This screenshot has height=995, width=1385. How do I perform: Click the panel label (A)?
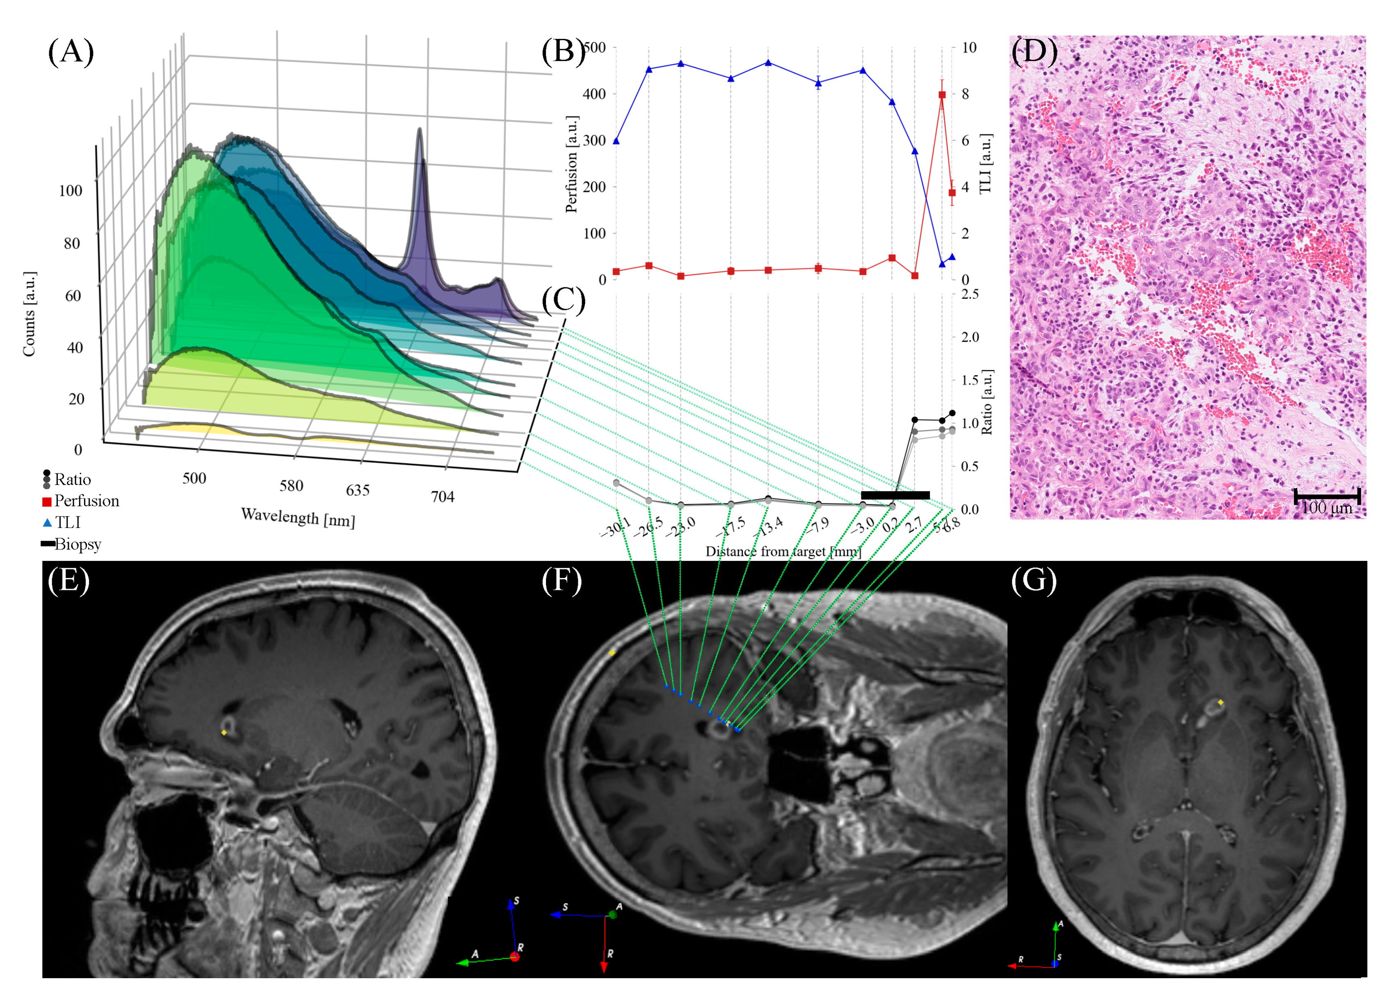[x=71, y=51]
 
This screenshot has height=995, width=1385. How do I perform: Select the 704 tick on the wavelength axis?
[x=443, y=497]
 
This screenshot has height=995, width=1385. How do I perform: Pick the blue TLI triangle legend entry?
[x=61, y=523]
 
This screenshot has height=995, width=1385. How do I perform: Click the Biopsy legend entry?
[x=71, y=544]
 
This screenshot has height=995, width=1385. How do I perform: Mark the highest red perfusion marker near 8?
[x=942, y=95]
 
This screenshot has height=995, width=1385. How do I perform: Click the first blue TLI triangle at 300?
[x=616, y=141]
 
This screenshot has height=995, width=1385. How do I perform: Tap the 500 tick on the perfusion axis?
[x=595, y=48]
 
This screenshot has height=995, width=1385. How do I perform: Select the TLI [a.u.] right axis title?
[x=985, y=164]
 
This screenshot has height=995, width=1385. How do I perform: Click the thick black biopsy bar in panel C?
[x=895, y=495]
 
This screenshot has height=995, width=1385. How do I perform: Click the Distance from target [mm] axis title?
[x=783, y=552]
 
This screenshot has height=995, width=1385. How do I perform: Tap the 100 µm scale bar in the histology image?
[x=1327, y=496]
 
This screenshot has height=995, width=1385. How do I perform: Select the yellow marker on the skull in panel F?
[x=612, y=653]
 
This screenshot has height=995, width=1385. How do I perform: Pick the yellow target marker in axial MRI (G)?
[x=1221, y=703]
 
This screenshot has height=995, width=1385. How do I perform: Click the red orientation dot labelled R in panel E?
[x=515, y=957]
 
